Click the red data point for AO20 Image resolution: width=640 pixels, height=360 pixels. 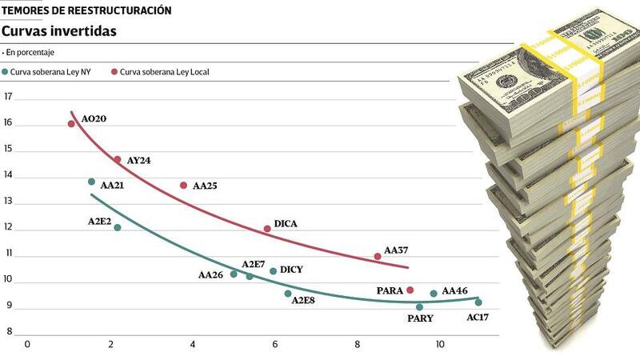point(71,124)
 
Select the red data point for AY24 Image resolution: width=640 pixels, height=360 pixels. point(118,160)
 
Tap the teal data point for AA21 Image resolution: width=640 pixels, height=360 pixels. point(91,182)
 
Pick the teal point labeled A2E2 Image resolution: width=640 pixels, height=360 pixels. point(118,228)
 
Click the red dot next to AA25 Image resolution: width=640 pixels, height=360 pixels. point(183,185)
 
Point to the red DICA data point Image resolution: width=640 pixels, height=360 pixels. point(267,229)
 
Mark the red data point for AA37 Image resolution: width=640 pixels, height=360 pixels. point(378,256)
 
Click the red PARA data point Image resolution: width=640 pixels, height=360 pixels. point(410,290)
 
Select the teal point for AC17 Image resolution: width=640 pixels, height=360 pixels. point(478,302)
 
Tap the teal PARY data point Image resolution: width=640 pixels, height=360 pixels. point(419,306)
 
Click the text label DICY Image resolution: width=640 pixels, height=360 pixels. point(291,270)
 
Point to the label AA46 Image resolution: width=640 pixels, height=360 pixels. point(454,291)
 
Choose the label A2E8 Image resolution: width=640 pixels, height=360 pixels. point(302,301)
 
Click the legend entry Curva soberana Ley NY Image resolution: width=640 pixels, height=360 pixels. point(51,72)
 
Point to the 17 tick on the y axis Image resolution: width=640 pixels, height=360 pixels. point(10,97)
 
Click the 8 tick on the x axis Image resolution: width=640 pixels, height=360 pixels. point(358,344)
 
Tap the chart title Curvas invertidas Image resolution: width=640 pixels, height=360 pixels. point(59,31)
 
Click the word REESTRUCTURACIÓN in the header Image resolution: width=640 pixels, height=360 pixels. point(119,10)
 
